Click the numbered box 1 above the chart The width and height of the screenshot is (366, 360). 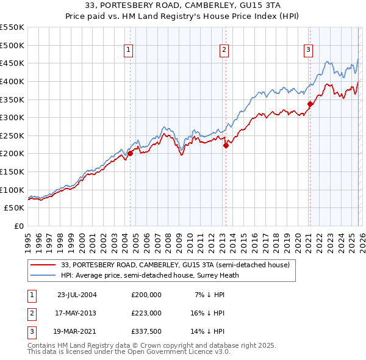[129, 51]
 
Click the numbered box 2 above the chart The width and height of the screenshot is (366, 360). [224, 51]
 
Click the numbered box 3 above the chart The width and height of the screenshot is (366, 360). [309, 51]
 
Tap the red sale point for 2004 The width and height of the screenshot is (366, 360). [130, 154]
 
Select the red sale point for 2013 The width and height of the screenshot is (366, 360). [225, 145]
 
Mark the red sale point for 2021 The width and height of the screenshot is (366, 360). [310, 104]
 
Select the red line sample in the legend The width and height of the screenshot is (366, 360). [44, 265]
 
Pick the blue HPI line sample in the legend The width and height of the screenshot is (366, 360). [44, 275]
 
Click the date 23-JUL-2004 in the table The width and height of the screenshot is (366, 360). [77, 294]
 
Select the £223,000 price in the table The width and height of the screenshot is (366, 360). [146, 313]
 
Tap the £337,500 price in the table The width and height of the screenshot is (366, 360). [146, 332]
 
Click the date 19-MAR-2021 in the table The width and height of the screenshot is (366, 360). [77, 332]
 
